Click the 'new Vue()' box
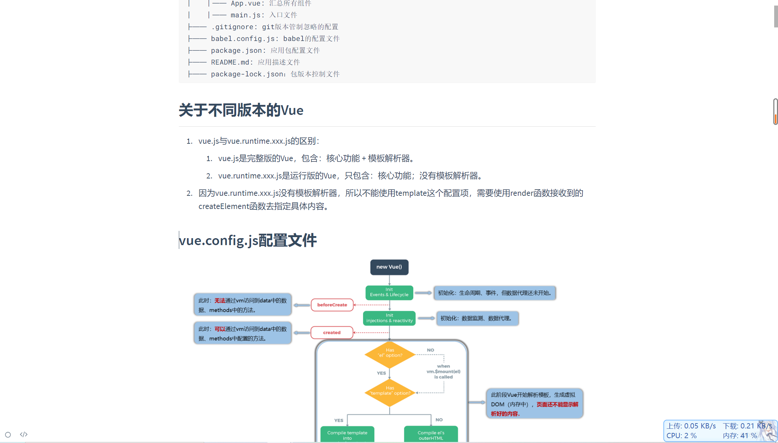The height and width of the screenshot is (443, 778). [389, 267]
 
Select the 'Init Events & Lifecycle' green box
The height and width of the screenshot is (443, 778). [389, 292]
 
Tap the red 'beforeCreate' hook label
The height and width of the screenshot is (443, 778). [332, 305]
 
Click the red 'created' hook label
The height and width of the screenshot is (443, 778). [332, 333]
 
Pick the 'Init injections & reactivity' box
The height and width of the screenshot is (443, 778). [389, 318]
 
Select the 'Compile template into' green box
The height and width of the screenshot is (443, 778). [347, 435]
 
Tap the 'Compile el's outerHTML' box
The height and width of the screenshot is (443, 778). [431, 435]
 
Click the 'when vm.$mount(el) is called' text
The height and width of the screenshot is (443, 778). [444, 371]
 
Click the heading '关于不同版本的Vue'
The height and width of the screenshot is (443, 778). [241, 110]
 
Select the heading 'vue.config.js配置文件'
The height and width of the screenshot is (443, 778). [248, 240]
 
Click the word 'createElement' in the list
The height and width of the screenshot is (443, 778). [224, 207]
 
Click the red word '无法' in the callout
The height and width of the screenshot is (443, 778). [220, 301]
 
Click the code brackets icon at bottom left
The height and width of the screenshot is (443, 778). [24, 434]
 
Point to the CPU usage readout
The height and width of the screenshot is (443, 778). [681, 436]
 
